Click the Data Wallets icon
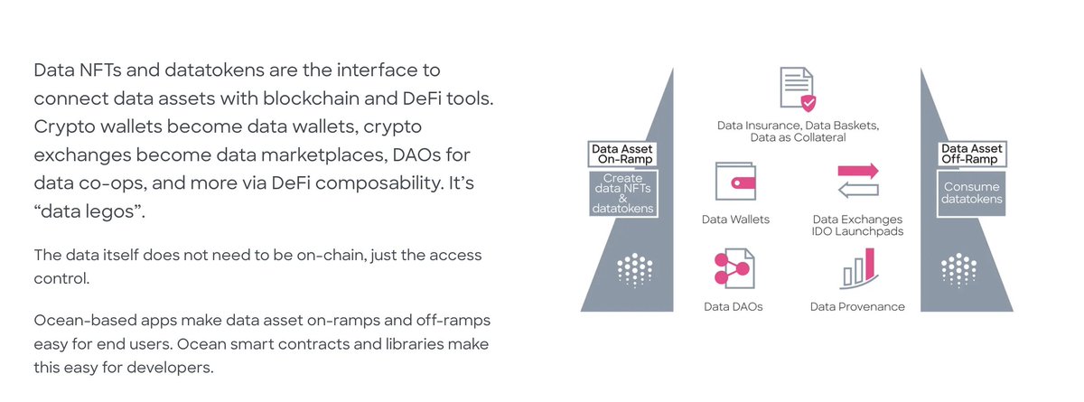(x=735, y=181)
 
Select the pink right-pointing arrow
(x=857, y=170)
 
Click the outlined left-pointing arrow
(x=857, y=189)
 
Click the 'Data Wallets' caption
(x=735, y=219)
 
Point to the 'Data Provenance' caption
(x=857, y=306)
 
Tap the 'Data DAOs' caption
(x=734, y=306)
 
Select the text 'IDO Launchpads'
(x=857, y=232)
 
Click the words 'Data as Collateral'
(x=798, y=138)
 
